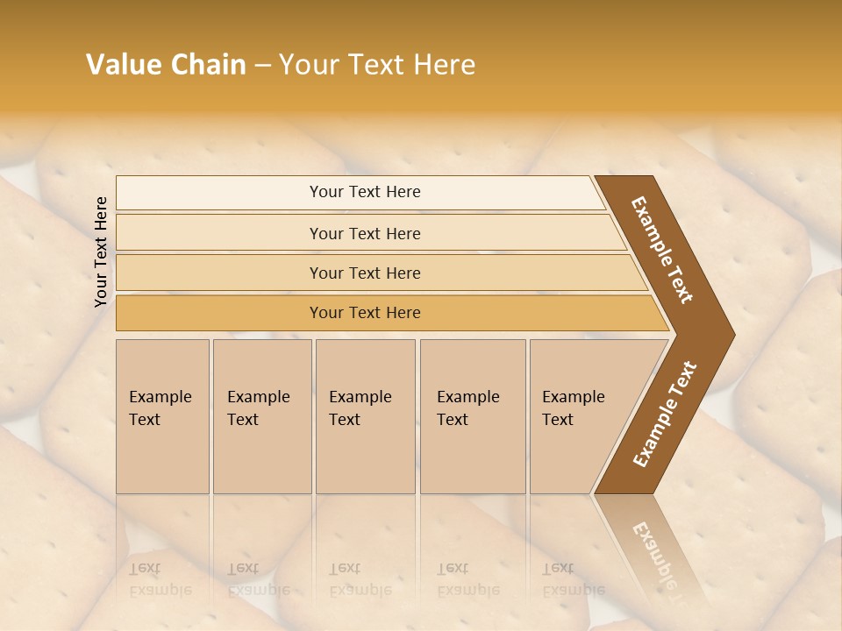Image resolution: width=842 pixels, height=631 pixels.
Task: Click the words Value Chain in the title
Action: point(166,65)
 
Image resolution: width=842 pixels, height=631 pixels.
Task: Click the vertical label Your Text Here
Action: point(101,252)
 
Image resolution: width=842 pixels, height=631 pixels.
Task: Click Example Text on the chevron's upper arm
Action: point(662,250)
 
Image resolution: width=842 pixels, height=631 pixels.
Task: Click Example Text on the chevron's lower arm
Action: point(664,415)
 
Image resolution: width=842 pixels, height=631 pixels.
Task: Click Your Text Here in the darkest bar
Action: point(365,313)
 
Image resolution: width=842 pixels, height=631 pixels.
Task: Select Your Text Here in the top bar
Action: point(365,192)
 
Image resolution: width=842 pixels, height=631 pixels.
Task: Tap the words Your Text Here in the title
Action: point(377,65)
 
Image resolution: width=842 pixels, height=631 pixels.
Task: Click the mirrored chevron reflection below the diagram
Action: point(653,548)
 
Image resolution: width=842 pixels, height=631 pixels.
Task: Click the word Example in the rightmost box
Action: point(574,397)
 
